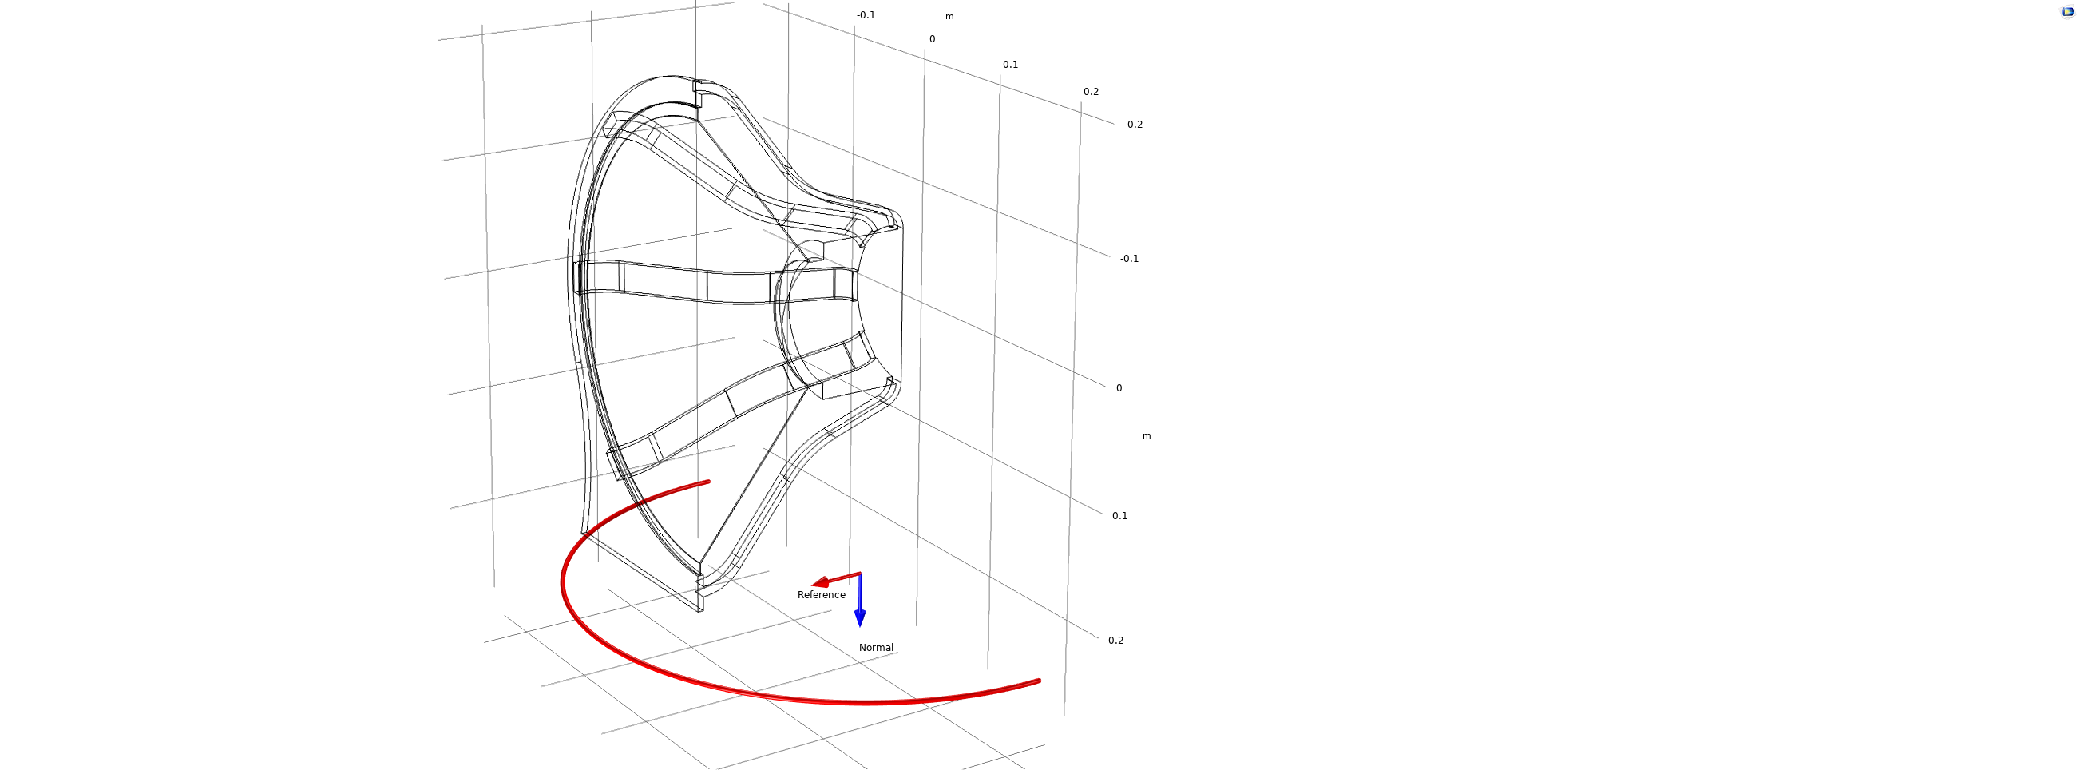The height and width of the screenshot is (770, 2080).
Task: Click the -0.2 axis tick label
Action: (1133, 125)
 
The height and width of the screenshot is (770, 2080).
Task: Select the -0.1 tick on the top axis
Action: (866, 15)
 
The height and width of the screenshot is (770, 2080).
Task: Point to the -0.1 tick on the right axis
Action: (1129, 259)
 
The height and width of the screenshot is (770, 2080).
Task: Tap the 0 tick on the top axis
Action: (932, 39)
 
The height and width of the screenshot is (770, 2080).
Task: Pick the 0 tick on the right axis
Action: (1119, 388)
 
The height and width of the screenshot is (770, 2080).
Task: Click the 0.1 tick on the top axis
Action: (1010, 65)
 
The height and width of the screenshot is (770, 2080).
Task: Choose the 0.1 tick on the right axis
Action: (1119, 515)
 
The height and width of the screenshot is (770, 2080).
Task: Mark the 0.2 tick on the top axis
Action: (1091, 92)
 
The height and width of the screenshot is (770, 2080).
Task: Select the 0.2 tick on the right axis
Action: (1115, 640)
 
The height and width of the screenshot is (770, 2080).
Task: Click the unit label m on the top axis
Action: (949, 16)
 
